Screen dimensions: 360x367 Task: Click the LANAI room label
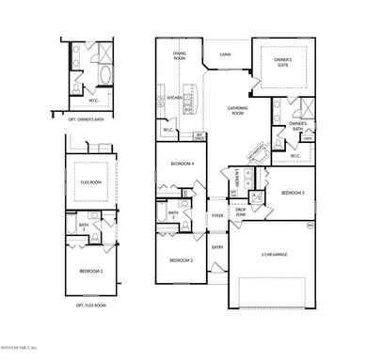click(226, 55)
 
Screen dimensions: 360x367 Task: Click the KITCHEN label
click(173, 98)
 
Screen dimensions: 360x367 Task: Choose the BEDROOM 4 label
click(182, 164)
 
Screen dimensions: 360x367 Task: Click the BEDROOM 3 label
click(294, 194)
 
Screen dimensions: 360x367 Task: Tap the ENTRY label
click(217, 247)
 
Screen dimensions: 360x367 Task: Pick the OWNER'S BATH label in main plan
click(297, 126)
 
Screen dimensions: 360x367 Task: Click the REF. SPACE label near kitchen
click(200, 136)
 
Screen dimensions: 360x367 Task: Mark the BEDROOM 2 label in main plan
click(182, 260)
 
